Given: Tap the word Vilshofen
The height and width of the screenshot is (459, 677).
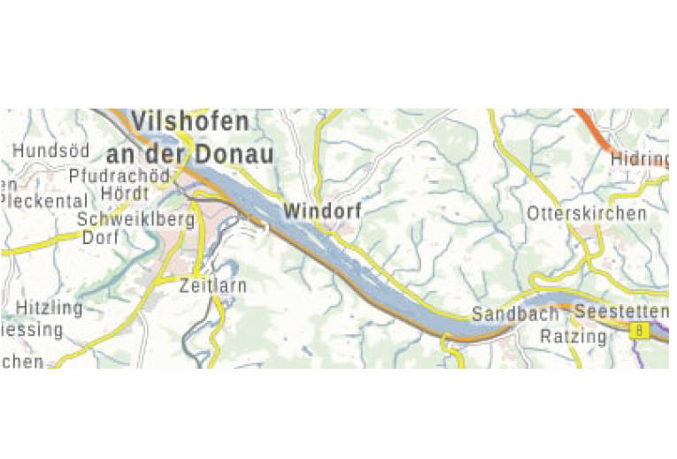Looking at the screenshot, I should [190, 121].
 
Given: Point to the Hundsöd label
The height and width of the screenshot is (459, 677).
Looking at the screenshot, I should [50, 151].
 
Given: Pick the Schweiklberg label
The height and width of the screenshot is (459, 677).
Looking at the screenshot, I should [135, 219].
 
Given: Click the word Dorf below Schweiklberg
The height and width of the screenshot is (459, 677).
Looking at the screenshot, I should [100, 237].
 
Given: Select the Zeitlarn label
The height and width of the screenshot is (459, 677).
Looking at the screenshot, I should [212, 286].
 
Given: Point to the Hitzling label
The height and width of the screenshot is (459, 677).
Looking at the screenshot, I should [48, 309].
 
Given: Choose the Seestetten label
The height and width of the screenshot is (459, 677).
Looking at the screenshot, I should [619, 311].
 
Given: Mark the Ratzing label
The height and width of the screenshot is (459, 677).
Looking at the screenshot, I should [573, 336].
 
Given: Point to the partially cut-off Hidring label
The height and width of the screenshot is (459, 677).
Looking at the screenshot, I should [639, 159].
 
